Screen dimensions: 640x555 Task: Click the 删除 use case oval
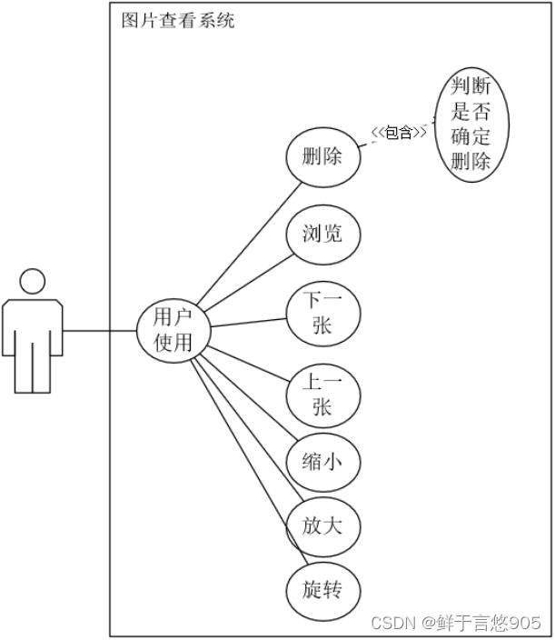pyautogui.click(x=322, y=156)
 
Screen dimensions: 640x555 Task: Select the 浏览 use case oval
pyautogui.click(x=322, y=234)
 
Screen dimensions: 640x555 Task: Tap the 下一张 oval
pyautogui.click(x=322, y=313)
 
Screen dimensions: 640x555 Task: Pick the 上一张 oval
pyautogui.click(x=322, y=394)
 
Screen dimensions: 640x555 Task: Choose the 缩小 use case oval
pyautogui.click(x=322, y=463)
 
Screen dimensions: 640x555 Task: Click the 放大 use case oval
pyautogui.click(x=322, y=525)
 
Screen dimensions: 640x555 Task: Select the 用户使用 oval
pyautogui.click(x=173, y=329)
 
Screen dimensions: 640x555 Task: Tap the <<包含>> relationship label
pyautogui.click(x=398, y=134)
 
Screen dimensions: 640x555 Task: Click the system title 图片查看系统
pyautogui.click(x=178, y=20)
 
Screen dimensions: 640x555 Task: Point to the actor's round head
pyautogui.click(x=33, y=282)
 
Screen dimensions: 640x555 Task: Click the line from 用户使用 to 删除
pyautogui.click(x=250, y=240)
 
